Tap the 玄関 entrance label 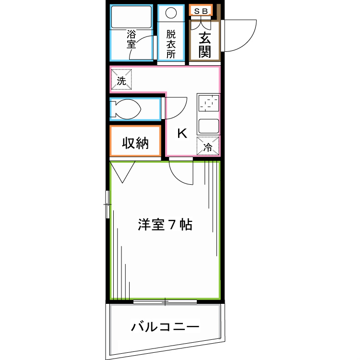(x=205, y=45)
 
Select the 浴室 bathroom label (x=131, y=39)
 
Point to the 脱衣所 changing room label (x=171, y=44)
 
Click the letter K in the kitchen (x=182, y=133)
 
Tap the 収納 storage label (x=135, y=143)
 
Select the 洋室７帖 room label (x=166, y=224)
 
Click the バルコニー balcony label (x=165, y=328)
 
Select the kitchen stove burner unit (x=208, y=105)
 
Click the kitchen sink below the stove (x=208, y=126)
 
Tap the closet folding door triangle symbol (x=123, y=172)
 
